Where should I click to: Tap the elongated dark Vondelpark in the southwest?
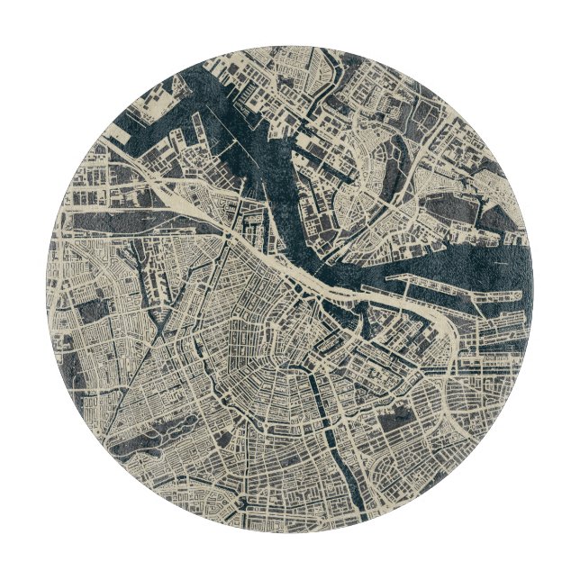pos(171,423)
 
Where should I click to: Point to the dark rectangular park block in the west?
pos(93,311)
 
